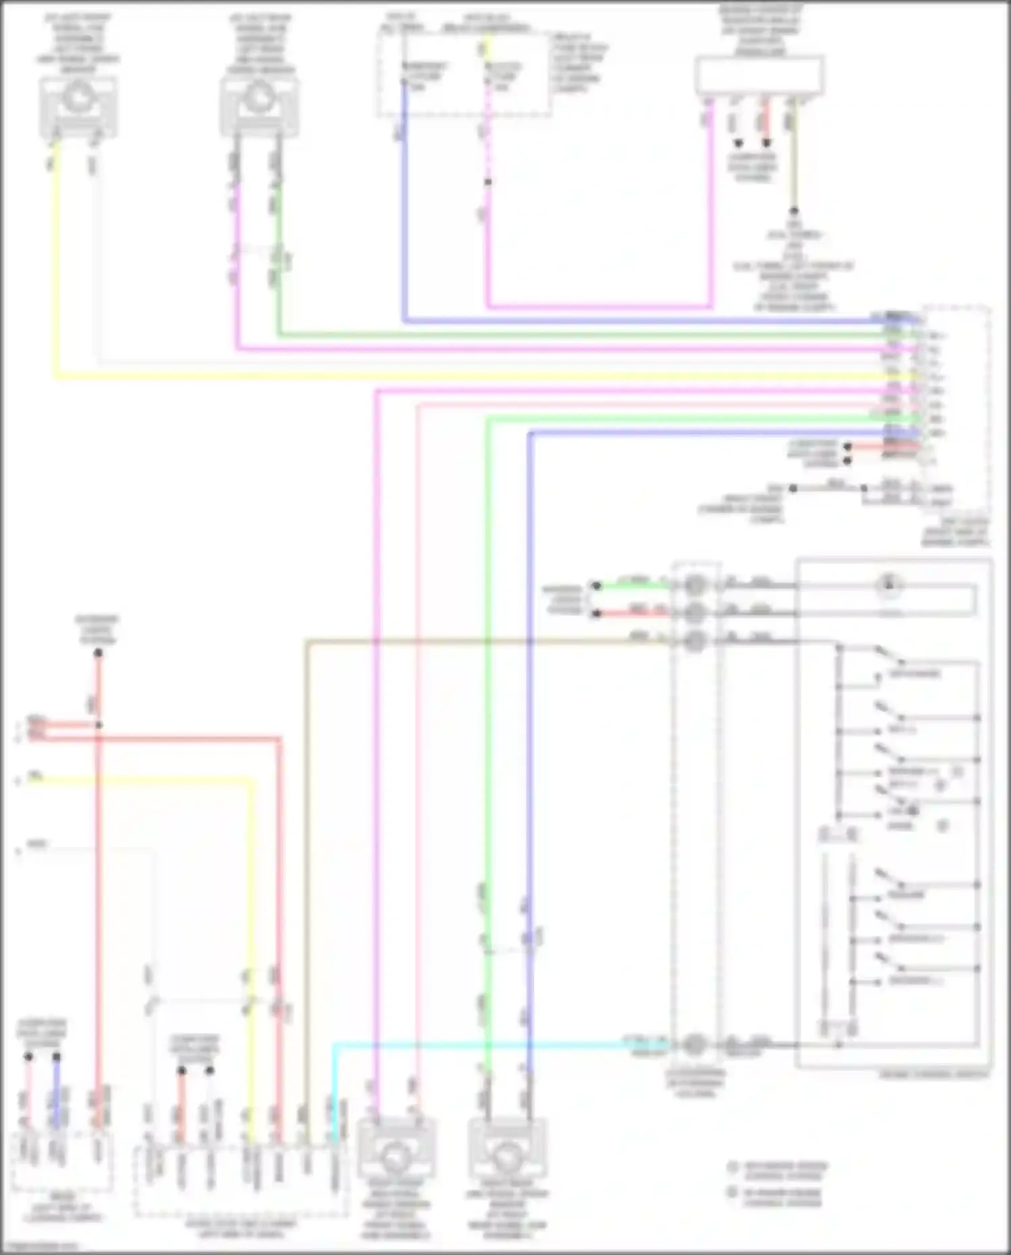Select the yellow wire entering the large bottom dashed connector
253,944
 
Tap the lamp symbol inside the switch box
889,585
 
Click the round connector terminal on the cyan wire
695,1045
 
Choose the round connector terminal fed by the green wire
695,585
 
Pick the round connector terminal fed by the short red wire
695,612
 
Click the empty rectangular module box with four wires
759,75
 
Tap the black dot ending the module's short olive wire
794,210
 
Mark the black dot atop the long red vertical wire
98,653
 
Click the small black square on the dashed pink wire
488,182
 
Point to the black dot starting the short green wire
596,585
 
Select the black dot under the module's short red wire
766,143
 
